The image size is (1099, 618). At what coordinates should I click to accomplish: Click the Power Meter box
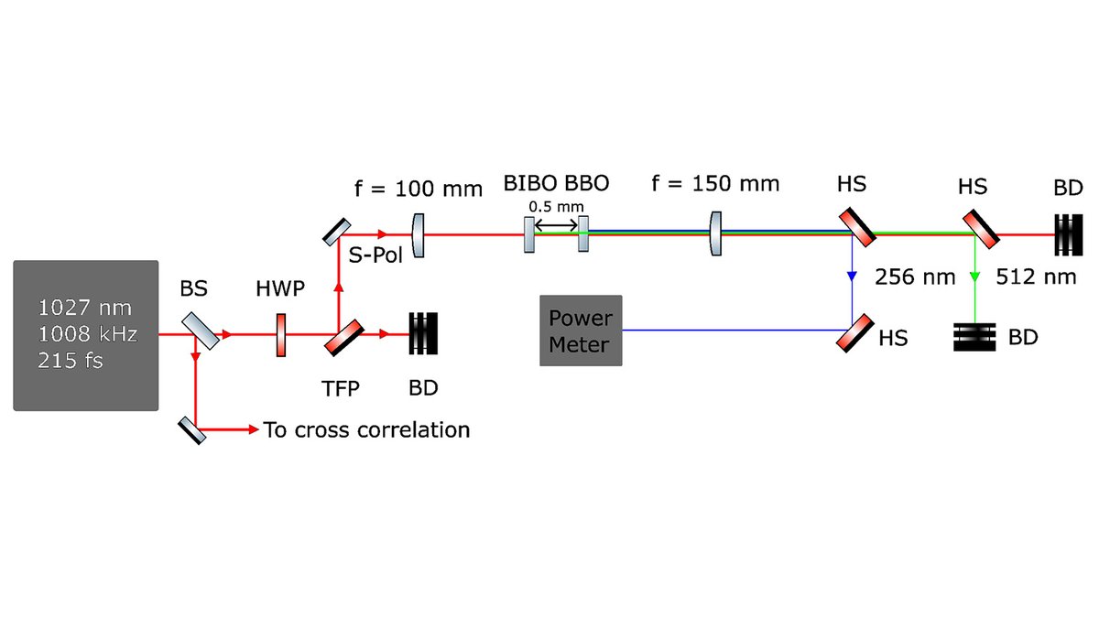[x=581, y=331]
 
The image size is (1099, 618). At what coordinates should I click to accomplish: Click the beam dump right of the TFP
[x=423, y=334]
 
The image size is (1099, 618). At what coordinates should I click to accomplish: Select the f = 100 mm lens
[x=419, y=234]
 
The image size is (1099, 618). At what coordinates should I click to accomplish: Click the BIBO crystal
[x=529, y=234]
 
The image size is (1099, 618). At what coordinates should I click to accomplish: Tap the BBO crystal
[x=582, y=234]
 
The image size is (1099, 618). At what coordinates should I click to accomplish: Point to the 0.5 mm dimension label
[x=555, y=207]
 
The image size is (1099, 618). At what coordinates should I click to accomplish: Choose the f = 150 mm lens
[x=717, y=234]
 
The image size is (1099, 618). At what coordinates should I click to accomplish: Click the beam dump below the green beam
[x=975, y=337]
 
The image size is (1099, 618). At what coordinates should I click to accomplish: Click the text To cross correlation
[x=366, y=429]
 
